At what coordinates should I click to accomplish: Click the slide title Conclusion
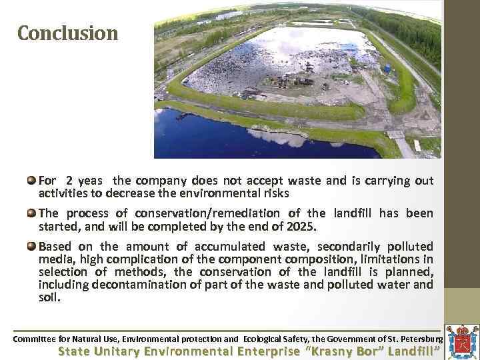pyautogui.click(x=67, y=33)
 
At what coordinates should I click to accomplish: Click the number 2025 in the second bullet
pyautogui.click(x=303, y=227)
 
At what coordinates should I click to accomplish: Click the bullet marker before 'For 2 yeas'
pyautogui.click(x=31, y=181)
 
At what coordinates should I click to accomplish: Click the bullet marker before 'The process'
pyautogui.click(x=31, y=213)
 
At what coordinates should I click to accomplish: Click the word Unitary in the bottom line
pyautogui.click(x=119, y=351)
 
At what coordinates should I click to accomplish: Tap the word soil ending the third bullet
pyautogui.click(x=49, y=297)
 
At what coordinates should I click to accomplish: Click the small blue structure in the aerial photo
pyautogui.click(x=387, y=67)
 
